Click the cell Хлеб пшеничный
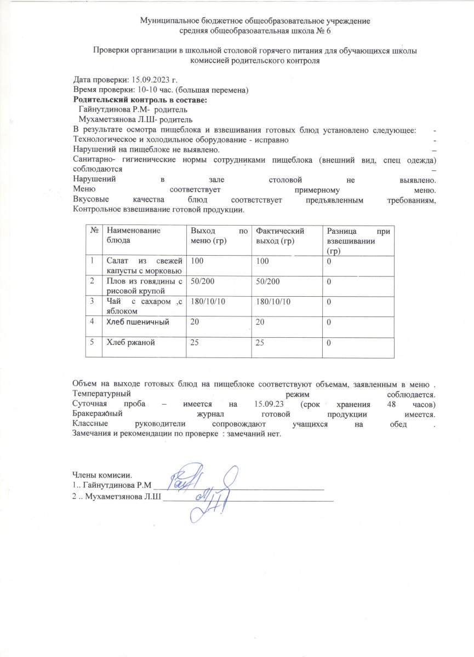(138, 321)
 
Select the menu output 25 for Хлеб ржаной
(195, 343)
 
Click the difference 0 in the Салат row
(329, 261)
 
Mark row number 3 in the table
(93, 301)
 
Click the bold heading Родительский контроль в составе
(140, 100)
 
